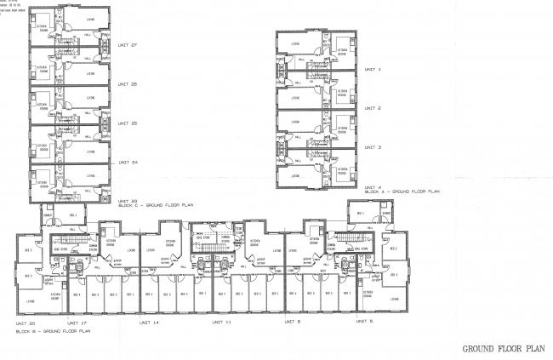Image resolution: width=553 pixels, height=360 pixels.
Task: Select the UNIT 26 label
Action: click(x=128, y=84)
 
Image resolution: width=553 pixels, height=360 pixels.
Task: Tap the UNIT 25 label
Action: click(x=128, y=123)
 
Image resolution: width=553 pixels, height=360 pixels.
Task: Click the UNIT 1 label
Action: click(x=373, y=70)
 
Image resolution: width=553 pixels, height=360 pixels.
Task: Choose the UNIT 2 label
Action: click(x=373, y=108)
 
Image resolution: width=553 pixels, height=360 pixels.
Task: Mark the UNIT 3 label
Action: click(x=373, y=147)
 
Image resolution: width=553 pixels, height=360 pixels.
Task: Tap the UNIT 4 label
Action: click(x=373, y=186)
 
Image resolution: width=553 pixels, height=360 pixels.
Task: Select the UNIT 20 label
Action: click(x=26, y=323)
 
